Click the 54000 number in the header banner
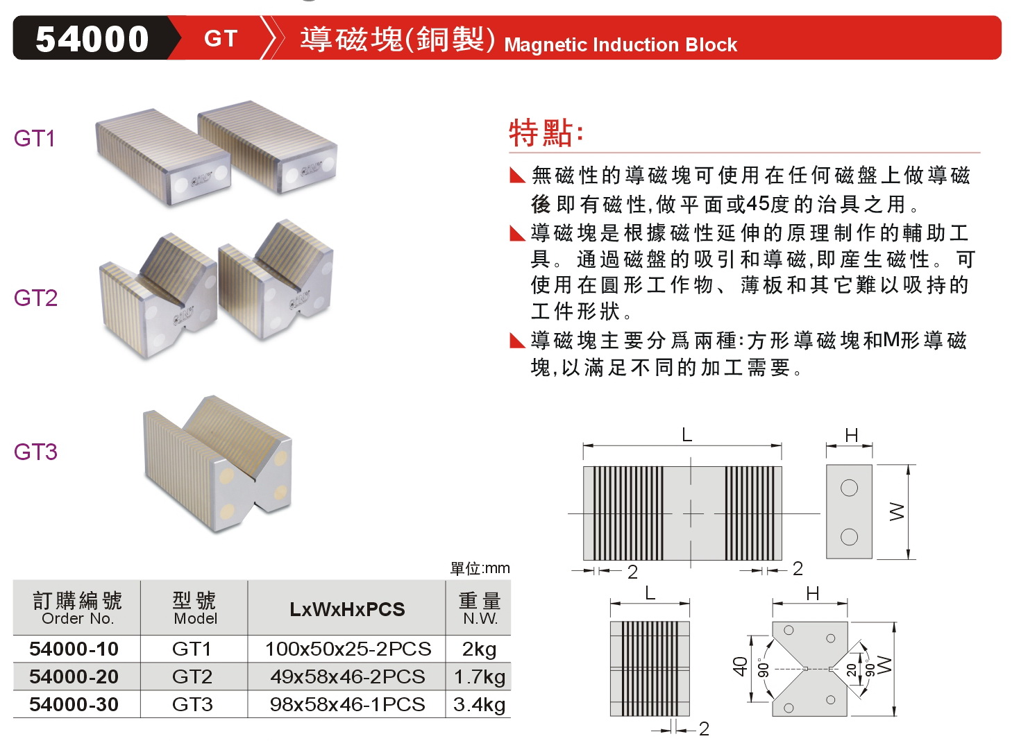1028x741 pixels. (92, 39)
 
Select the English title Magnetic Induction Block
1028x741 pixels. (620, 45)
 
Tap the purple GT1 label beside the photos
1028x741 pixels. (34, 139)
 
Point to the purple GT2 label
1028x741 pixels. (35, 298)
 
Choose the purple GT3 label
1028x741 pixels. (35, 452)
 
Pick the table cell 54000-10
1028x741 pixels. (74, 649)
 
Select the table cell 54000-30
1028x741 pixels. (74, 704)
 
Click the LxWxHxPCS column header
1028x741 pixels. (347, 609)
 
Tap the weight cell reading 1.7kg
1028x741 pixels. (479, 676)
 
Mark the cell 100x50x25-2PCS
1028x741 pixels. (347, 649)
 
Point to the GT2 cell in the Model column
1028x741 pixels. (192, 676)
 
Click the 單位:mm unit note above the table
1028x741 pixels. (480, 568)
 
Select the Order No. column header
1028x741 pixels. (77, 618)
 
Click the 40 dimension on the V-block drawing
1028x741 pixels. (741, 667)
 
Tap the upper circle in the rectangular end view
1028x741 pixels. (849, 488)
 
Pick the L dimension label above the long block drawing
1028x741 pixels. (686, 435)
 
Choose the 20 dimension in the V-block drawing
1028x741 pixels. (852, 670)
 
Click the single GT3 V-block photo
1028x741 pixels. (217, 464)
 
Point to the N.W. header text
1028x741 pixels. (480, 618)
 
